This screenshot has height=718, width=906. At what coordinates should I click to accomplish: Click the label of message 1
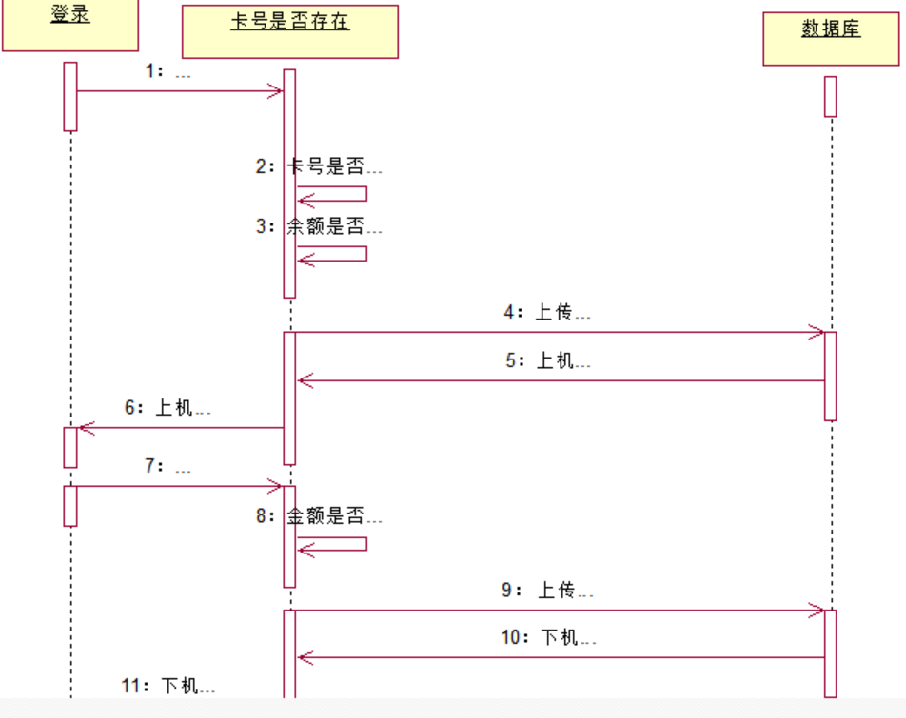[168, 72]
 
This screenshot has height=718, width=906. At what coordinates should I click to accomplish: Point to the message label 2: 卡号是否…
[319, 166]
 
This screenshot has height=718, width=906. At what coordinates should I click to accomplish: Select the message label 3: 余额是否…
[319, 227]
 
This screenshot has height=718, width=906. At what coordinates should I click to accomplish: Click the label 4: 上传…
[547, 312]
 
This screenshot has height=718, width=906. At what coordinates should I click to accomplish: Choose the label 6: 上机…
[167, 408]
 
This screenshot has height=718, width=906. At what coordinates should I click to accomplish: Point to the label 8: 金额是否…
[319, 517]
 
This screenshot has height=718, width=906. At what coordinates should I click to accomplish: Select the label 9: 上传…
[547, 591]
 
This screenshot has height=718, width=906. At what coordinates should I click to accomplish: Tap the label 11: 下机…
[168, 686]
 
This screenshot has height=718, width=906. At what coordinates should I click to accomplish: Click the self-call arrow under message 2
[332, 194]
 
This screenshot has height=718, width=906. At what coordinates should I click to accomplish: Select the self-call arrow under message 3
[332, 254]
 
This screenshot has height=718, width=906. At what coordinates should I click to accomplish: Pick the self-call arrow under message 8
[332, 544]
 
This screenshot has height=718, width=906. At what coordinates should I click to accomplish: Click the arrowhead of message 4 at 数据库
[817, 332]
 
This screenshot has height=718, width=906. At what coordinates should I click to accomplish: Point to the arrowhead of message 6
[86, 428]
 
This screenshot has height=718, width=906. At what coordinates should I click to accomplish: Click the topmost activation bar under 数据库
[830, 96]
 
